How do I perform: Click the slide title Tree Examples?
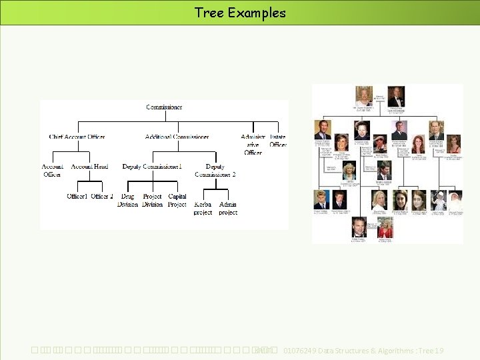click(x=240, y=13)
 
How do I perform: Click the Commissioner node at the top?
click(x=164, y=107)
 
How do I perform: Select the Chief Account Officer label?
click(x=77, y=137)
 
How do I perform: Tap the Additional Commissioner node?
click(x=177, y=137)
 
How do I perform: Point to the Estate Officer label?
click(x=278, y=141)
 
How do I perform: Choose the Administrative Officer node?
click(x=253, y=145)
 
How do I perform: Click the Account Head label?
click(x=89, y=167)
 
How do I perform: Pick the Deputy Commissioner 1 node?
click(x=152, y=167)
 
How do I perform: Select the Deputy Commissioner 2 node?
click(x=215, y=171)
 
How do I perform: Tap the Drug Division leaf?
click(x=127, y=201)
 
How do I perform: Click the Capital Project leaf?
click(x=177, y=201)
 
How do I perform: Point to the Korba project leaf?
click(x=203, y=208)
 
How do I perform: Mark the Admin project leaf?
click(x=228, y=208)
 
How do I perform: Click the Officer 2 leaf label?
click(x=102, y=197)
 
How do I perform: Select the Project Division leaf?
click(x=152, y=201)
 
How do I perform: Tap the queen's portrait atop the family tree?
click(x=363, y=95)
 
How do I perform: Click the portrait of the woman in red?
click(x=385, y=227)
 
